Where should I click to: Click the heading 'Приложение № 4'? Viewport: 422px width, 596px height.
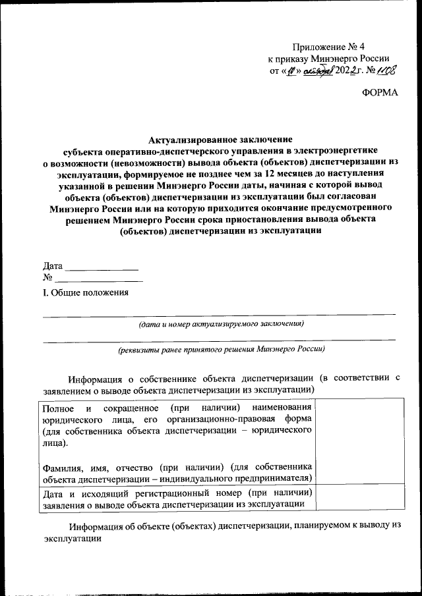[329, 47]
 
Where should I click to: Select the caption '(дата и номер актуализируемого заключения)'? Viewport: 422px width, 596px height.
[220, 324]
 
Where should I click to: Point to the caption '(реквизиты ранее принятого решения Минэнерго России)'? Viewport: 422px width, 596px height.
[220, 350]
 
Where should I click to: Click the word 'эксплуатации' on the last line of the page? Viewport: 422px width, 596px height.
[73, 539]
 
